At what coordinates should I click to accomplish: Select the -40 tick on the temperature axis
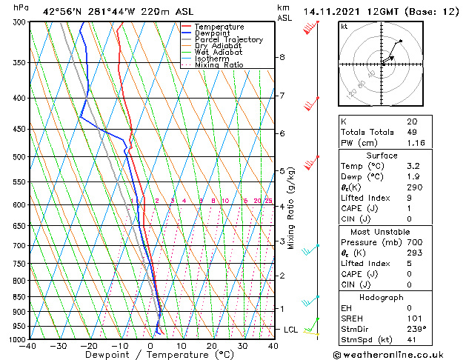29,346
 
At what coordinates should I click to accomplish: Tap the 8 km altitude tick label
282,57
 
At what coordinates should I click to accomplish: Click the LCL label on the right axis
290,329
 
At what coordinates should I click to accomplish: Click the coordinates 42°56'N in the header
63,11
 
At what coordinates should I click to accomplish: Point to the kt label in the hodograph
344,26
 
